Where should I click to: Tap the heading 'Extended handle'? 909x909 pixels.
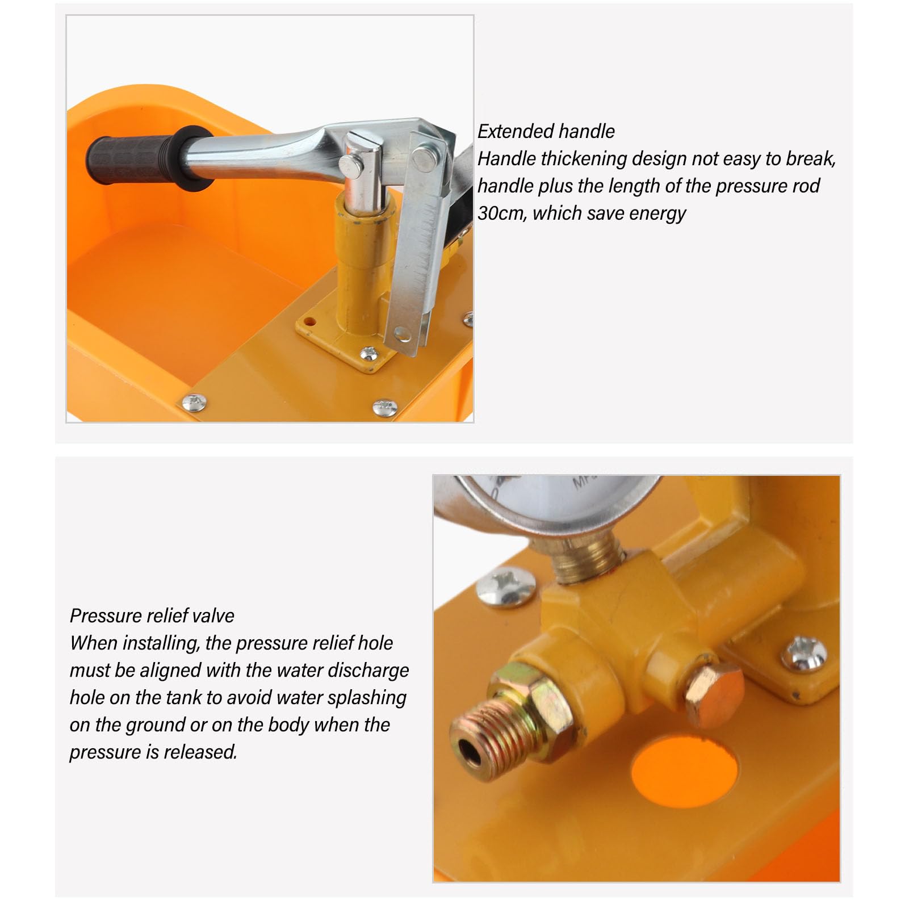coord(546,132)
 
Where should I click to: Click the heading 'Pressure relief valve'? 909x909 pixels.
coord(152,616)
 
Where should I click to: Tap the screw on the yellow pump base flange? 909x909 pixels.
coord(369,354)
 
